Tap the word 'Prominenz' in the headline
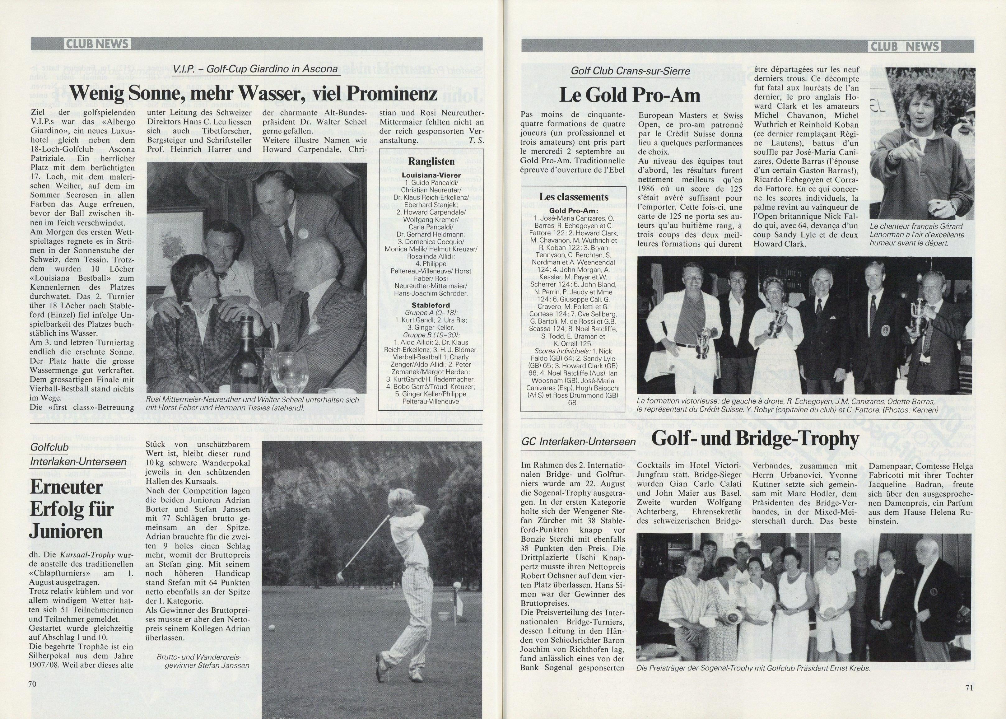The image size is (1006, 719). (x=391, y=93)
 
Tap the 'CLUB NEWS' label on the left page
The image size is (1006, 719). (x=97, y=44)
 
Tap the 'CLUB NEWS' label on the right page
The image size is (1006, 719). (x=906, y=46)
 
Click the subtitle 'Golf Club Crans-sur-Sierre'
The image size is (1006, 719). (x=630, y=71)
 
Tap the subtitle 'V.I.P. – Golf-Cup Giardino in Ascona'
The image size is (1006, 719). (x=255, y=69)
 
